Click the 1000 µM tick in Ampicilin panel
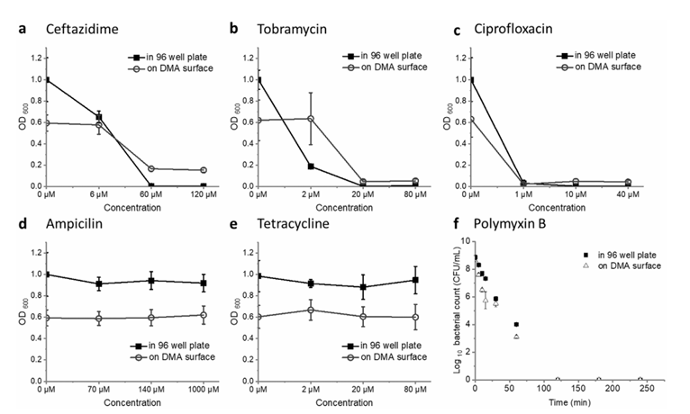204,390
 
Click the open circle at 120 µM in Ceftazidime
204,170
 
